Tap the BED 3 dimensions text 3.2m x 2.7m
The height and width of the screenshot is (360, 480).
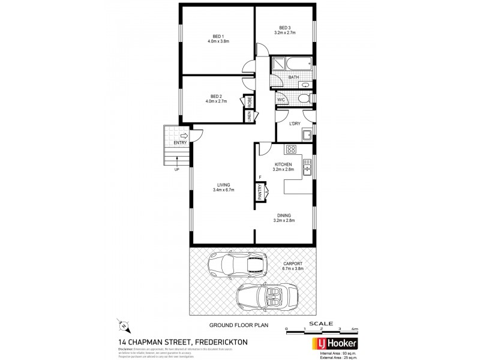[285, 34]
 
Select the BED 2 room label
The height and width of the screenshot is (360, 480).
[217, 96]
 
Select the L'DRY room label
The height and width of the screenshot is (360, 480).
[294, 124]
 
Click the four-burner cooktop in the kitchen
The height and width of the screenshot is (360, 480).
[291, 150]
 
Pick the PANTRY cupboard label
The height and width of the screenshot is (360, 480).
[260, 192]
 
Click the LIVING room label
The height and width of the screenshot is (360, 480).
[223, 185]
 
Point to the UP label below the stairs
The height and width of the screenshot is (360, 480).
[176, 169]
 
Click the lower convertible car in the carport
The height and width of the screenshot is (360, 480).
[266, 295]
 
